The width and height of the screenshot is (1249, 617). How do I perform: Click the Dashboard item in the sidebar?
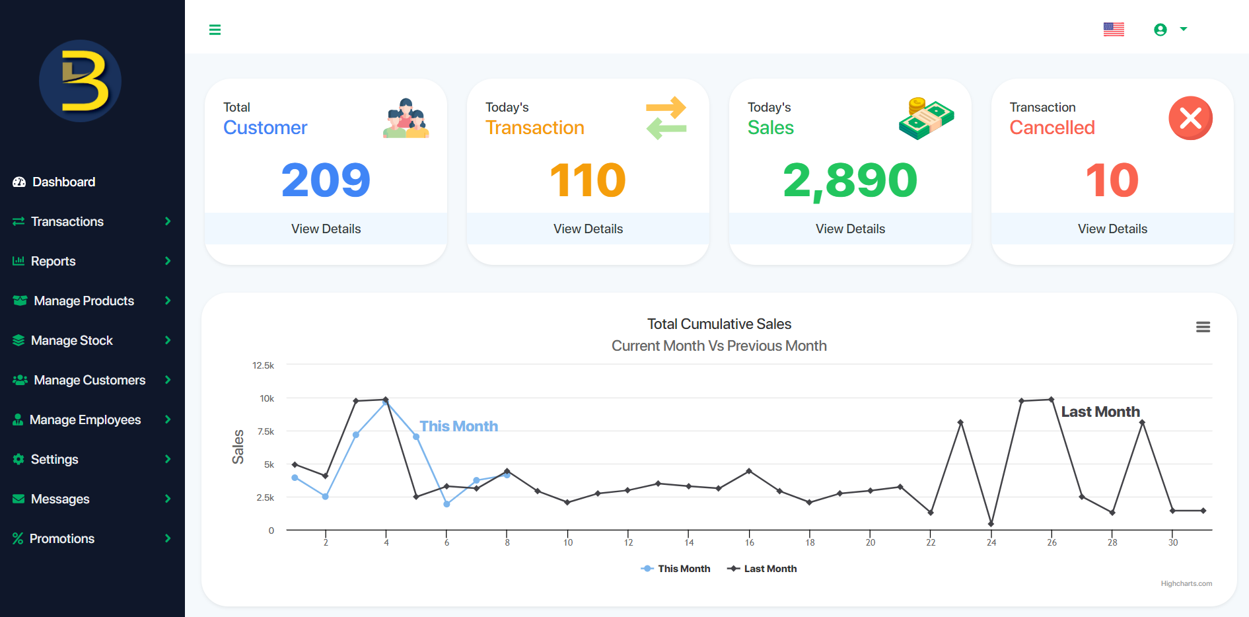click(x=63, y=182)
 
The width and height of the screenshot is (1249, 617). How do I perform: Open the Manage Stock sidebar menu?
click(x=71, y=340)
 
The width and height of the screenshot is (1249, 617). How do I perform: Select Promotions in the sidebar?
click(x=62, y=538)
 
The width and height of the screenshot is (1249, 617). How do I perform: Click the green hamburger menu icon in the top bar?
click(x=215, y=30)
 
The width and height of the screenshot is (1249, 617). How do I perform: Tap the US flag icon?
click(x=1114, y=29)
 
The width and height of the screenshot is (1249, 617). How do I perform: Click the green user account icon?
click(x=1160, y=30)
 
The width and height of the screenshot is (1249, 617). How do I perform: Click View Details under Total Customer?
click(x=326, y=229)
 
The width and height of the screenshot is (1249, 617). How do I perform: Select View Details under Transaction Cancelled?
click(x=1112, y=229)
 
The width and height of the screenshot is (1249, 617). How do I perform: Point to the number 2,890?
click(x=850, y=180)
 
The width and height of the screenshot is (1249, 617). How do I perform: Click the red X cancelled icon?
click(x=1190, y=118)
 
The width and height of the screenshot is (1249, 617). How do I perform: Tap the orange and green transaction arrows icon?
click(x=666, y=118)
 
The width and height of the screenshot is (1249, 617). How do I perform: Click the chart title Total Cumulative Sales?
click(x=719, y=324)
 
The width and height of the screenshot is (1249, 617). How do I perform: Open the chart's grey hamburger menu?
click(x=1203, y=327)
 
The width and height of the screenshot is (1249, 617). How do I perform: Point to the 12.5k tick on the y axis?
click(x=263, y=365)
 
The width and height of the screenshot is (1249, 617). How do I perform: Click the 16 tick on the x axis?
click(x=749, y=542)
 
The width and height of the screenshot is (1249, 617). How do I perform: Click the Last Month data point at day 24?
click(x=991, y=524)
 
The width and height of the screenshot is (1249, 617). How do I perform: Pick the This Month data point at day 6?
click(x=446, y=504)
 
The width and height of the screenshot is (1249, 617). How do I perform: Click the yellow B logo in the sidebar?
click(x=81, y=81)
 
